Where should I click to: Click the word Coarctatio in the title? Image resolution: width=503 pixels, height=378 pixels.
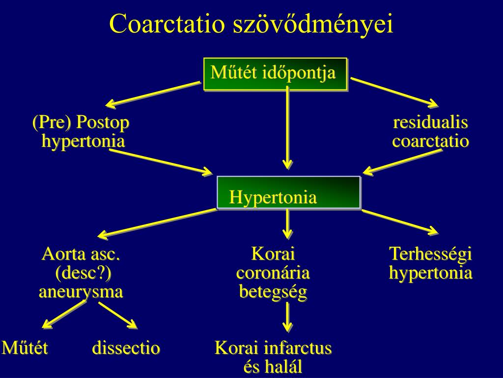click(167, 24)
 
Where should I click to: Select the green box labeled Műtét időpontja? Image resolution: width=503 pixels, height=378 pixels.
click(275, 74)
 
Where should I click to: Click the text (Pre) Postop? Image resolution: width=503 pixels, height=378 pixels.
click(81, 123)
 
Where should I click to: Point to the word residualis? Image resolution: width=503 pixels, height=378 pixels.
click(430, 123)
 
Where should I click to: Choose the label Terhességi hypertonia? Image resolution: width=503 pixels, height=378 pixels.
click(430, 264)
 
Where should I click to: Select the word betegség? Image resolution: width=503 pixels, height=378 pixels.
click(273, 291)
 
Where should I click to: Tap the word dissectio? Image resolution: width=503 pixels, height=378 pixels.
click(126, 348)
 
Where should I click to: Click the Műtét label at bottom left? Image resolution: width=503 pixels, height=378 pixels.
click(25, 348)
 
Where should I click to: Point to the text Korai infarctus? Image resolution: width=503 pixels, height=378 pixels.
click(273, 348)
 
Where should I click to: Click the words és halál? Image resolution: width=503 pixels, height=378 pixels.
click(273, 367)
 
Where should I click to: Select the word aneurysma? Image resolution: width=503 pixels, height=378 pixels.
click(81, 291)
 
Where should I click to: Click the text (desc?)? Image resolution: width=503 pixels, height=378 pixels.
click(81, 273)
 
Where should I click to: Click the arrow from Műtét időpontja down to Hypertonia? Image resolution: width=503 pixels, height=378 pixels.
click(288, 128)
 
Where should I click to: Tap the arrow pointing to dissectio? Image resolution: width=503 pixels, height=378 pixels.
click(118, 315)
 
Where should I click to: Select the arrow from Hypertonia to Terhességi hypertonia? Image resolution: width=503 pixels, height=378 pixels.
click(399, 221)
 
